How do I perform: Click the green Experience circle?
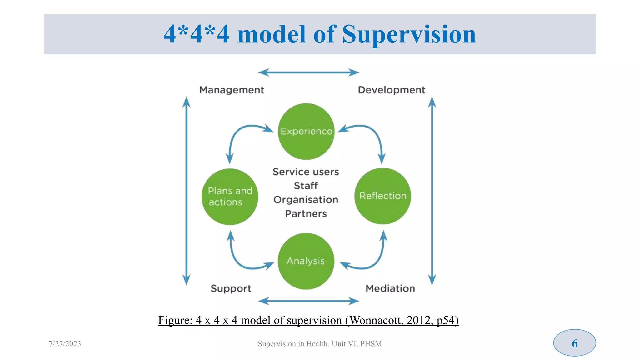pos(306,131)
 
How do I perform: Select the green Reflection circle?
pos(383,196)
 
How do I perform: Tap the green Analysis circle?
pos(306,261)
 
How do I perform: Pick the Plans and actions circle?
pos(230,197)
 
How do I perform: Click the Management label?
pos(232,90)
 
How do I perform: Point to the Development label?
pos(392,90)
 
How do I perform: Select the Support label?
pos(231,288)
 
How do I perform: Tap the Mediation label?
pos(390,288)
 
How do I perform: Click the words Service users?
pos(306,172)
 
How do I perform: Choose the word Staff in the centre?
pos(306,186)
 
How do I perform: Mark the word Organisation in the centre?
pos(306,200)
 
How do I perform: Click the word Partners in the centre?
pos(306,214)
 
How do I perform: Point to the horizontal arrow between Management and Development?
pos(309,72)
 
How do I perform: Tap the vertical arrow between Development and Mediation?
pos(432,191)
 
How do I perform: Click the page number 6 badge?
pos(574,343)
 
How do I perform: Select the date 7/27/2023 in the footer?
pos(65,344)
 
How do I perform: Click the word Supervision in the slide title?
pos(409,34)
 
